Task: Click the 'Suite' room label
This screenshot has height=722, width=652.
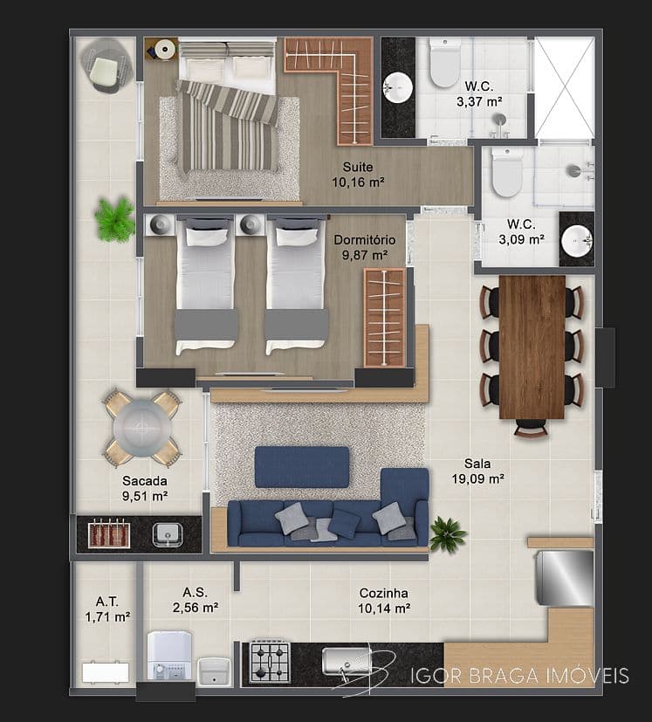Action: point(358,167)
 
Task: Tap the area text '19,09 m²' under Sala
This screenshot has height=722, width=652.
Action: point(477,479)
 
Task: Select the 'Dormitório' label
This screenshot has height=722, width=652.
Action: point(365,240)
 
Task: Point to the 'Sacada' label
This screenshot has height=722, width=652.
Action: point(145,481)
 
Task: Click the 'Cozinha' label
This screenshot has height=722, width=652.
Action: point(384,593)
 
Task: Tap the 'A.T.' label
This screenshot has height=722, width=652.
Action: point(107,602)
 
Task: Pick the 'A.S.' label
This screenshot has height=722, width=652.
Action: point(195,592)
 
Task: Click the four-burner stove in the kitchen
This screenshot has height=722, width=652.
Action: point(270,662)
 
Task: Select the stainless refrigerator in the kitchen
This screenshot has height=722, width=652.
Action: point(564,578)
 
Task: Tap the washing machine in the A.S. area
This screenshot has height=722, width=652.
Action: point(169,656)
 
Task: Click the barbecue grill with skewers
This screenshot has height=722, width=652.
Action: point(109,534)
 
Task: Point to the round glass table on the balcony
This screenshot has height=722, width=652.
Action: point(142,428)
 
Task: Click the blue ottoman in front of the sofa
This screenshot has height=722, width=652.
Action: point(302,467)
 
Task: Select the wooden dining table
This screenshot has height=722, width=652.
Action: point(532,347)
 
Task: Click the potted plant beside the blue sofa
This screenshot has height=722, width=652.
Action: point(447,533)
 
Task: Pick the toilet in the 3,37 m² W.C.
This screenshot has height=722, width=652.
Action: point(445,63)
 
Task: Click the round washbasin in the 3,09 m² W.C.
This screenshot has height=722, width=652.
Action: point(577,240)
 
